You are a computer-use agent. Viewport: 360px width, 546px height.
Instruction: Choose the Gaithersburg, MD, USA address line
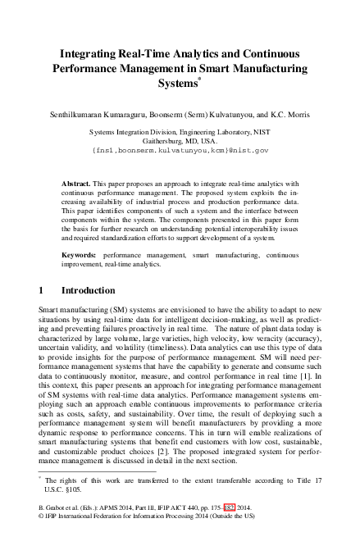(180, 141)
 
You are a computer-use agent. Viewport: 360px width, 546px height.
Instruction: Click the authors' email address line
(180, 152)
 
